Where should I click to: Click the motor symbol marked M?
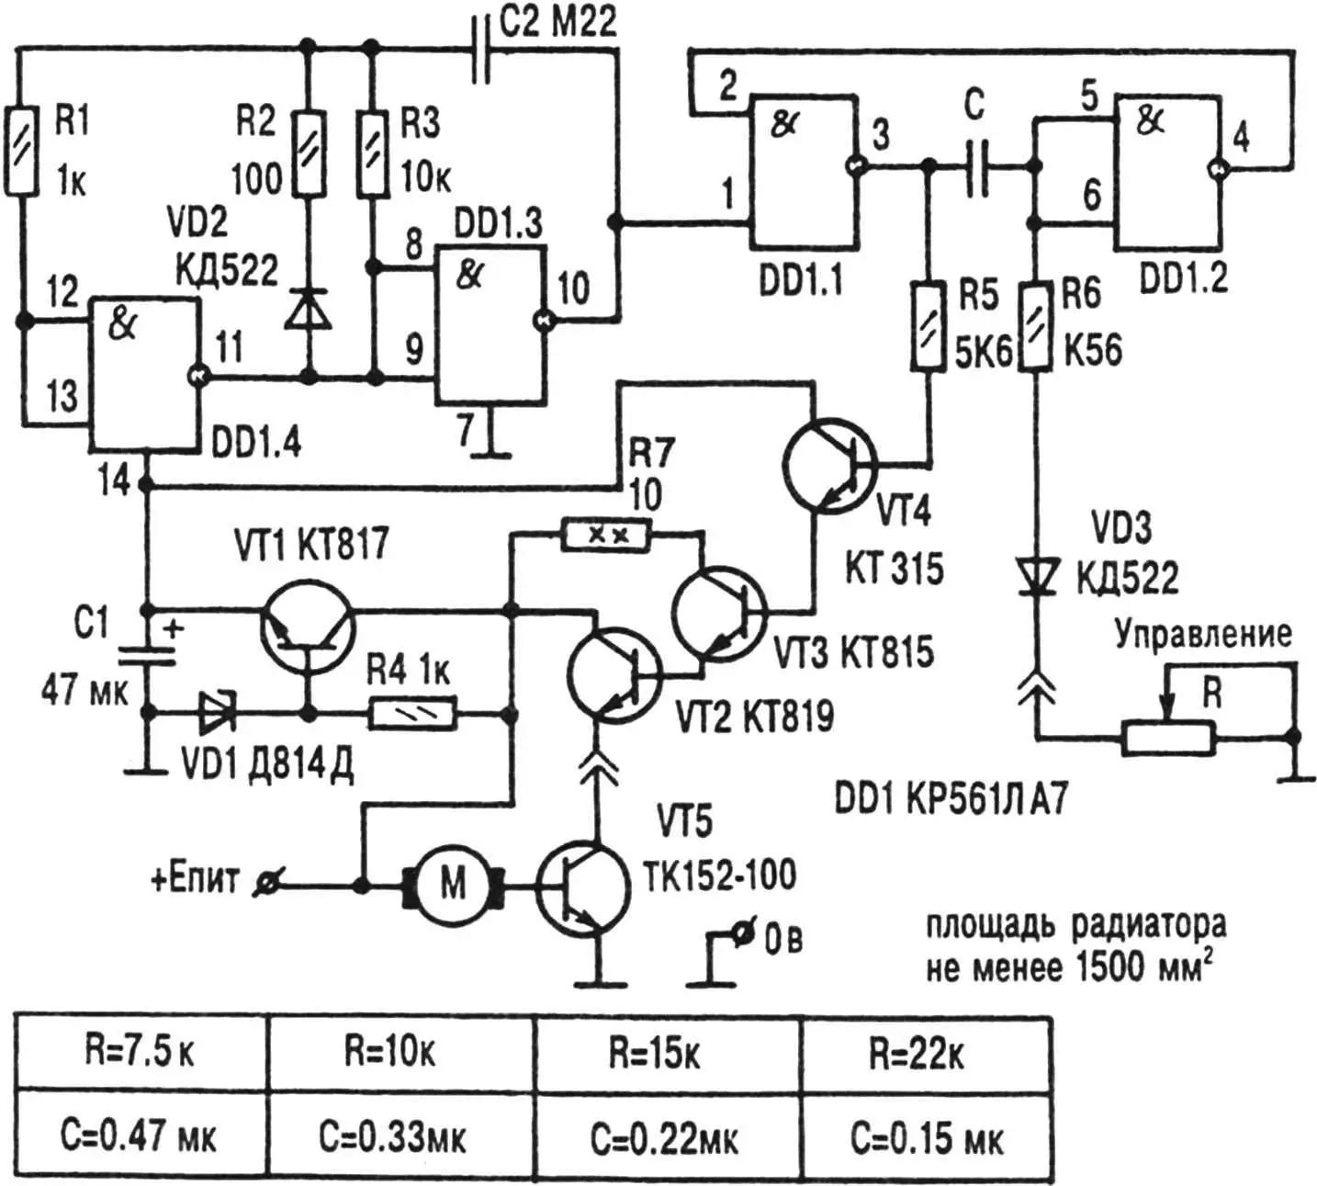pos(453,886)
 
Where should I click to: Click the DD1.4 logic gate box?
pos(144,376)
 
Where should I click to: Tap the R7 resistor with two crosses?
pos(606,535)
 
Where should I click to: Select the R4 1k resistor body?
pos(412,714)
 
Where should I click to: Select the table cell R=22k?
pos(916,1055)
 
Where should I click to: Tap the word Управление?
pos(1202,635)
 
